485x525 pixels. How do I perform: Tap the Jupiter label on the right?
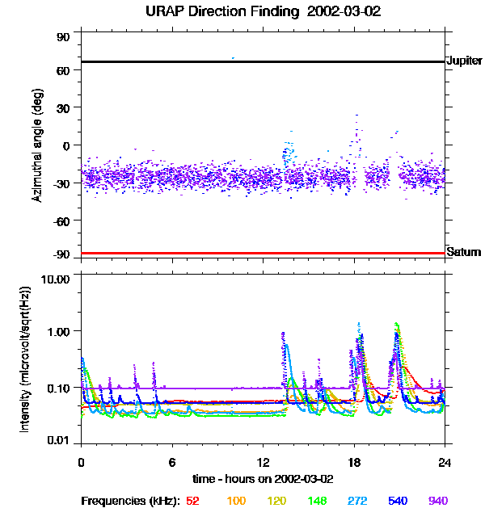463,61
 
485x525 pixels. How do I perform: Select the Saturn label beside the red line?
462,253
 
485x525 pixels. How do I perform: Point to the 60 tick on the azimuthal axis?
61,70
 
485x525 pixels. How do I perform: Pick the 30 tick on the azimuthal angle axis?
61,107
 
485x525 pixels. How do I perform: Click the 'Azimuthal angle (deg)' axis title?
36,145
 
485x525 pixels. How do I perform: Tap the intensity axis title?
25,358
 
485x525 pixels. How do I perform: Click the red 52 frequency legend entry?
192,502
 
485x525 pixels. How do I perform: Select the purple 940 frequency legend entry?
437,502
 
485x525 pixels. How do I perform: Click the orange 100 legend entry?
235,502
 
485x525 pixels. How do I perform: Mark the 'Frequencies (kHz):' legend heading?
130,502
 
